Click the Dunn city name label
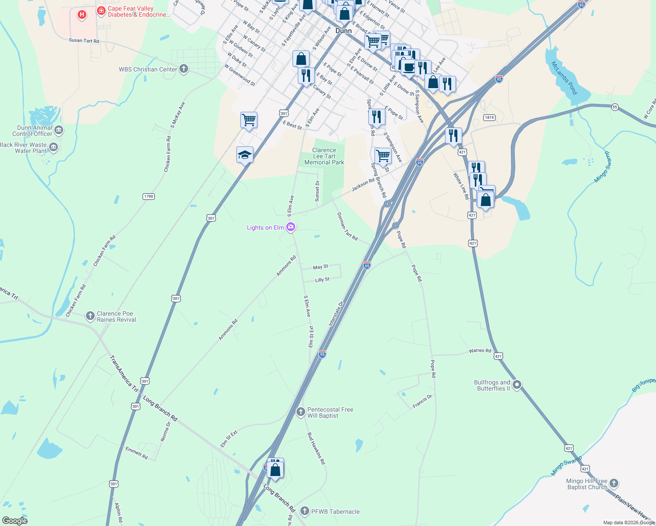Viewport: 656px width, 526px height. [343, 31]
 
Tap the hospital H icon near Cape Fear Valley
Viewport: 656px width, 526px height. [82, 15]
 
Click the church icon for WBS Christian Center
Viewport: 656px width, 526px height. [184, 69]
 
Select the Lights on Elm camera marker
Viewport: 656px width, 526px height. [290, 227]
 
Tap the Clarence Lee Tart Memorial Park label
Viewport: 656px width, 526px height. [324, 156]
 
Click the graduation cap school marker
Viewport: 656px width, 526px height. [245, 155]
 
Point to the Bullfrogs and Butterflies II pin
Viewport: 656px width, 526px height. [517, 385]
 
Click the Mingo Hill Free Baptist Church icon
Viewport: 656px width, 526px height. [614, 483]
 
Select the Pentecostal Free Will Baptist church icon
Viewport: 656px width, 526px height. [301, 412]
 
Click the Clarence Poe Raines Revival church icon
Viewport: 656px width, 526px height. [90, 316]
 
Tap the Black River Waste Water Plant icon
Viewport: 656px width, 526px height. [53, 147]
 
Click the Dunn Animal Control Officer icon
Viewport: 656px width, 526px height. [59, 130]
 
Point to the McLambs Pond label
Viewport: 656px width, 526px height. [564, 78]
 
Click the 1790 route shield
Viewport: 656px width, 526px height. [149, 196]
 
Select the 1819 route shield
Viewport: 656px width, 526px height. [489, 117]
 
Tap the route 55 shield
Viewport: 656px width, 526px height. [615, 107]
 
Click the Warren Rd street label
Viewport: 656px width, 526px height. [480, 351]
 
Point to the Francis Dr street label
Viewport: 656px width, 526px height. [422, 402]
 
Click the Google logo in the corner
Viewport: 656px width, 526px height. [15, 521]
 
